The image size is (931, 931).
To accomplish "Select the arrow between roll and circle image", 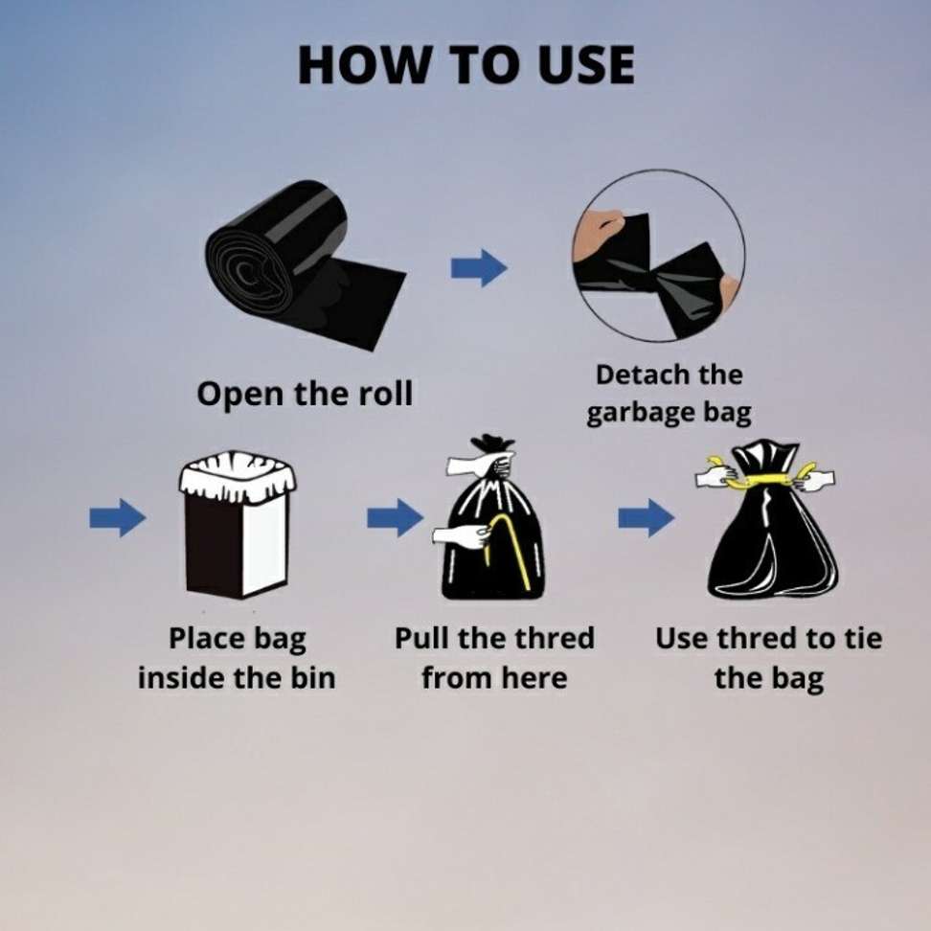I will [x=478, y=267].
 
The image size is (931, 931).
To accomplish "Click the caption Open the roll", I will [x=305, y=394].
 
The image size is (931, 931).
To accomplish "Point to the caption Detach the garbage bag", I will [x=669, y=394].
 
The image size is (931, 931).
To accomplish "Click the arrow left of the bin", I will [x=117, y=518].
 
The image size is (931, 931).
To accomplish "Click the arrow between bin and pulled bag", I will [x=394, y=518].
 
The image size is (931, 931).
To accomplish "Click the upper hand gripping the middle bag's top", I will [x=484, y=464].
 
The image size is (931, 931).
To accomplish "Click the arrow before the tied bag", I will [x=645, y=518].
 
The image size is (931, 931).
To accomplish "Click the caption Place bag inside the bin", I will [x=237, y=659].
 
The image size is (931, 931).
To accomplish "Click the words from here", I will [x=494, y=679].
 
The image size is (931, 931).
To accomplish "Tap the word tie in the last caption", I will [x=858, y=639].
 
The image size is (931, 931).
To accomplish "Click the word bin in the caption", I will [x=311, y=679].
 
